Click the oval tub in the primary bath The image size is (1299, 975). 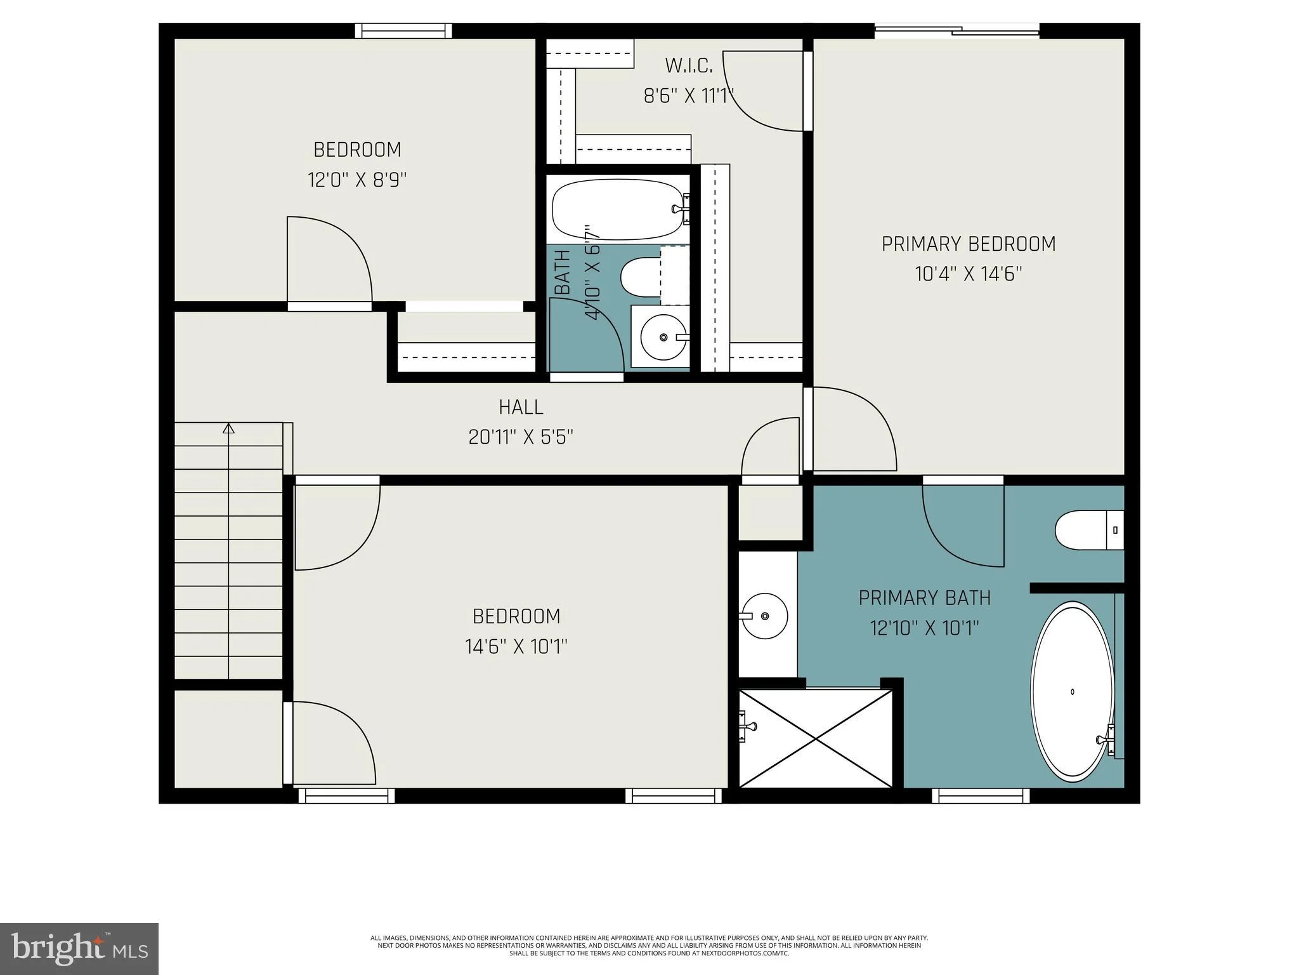pyautogui.click(x=1072, y=692)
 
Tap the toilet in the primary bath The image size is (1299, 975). pyautogui.click(x=1089, y=530)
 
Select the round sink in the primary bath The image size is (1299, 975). pyautogui.click(x=764, y=616)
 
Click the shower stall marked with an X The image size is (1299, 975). pyautogui.click(x=816, y=738)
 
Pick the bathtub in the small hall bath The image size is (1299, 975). pyautogui.click(x=620, y=209)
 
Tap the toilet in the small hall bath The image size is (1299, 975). pyautogui.click(x=654, y=277)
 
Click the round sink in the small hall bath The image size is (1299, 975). pyautogui.click(x=663, y=337)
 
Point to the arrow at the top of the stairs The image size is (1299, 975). pyautogui.click(x=228, y=428)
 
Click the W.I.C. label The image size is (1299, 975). pyautogui.click(x=689, y=65)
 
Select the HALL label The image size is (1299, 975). pyautogui.click(x=521, y=407)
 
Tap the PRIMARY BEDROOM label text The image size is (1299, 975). pyautogui.click(x=969, y=244)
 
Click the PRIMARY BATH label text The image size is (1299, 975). pyautogui.click(x=924, y=598)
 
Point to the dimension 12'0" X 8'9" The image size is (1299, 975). pyautogui.click(x=357, y=180)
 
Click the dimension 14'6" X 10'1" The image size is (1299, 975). pyautogui.click(x=516, y=647)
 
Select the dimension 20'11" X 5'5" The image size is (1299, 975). pyautogui.click(x=521, y=437)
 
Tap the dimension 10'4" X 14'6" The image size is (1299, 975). pyautogui.click(x=969, y=274)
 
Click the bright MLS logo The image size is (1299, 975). pyautogui.click(x=79, y=949)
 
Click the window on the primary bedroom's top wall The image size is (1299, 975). pyautogui.click(x=957, y=30)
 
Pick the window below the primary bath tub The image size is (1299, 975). pyautogui.click(x=981, y=795)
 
